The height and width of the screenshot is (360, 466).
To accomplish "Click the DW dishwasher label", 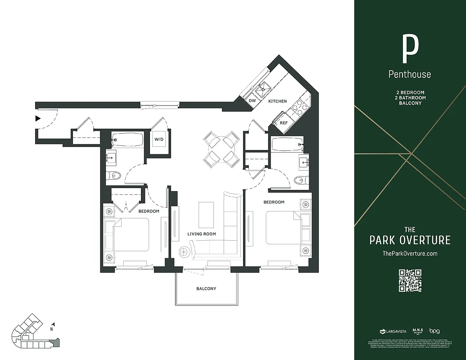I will pyautogui.click(x=252, y=101).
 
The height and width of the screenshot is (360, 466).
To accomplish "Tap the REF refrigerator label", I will pyautogui.click(x=284, y=122).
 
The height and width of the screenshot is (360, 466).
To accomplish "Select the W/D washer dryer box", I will pyautogui.click(x=159, y=139).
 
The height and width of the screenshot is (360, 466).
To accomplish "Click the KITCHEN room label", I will pyautogui.click(x=277, y=101).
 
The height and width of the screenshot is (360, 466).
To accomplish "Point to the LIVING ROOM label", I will pyautogui.click(x=201, y=234).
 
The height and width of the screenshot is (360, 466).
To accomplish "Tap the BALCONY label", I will pyautogui.click(x=206, y=288).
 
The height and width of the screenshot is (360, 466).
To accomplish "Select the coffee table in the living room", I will pyautogui.click(x=207, y=215).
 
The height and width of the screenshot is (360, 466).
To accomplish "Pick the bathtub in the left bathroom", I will pyautogui.click(x=127, y=140).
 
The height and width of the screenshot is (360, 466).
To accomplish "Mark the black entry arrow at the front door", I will pyautogui.click(x=38, y=119).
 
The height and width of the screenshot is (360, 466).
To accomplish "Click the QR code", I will pyautogui.click(x=410, y=280).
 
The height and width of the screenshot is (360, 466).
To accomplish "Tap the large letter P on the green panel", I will pyautogui.click(x=410, y=49).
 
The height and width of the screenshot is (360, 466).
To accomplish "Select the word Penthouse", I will pyautogui.click(x=410, y=74).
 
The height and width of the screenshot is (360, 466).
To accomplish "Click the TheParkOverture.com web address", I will pyautogui.click(x=410, y=254).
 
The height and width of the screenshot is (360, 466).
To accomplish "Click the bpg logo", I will pyautogui.click(x=434, y=331).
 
